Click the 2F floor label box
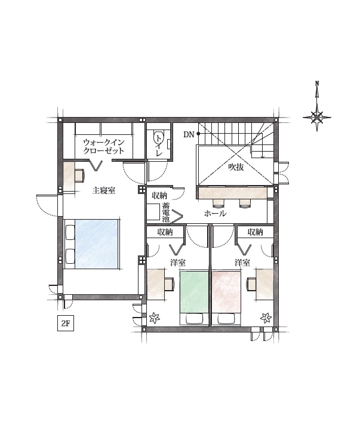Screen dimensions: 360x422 coord(66,323)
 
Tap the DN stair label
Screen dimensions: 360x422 coord(189,134)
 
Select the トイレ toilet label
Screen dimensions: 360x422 coord(159,146)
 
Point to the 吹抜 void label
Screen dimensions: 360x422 coord(236,167)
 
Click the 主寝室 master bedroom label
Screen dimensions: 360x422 coord(104,190)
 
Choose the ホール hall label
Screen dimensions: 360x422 coord(215,214)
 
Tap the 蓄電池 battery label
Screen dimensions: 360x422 coord(166,212)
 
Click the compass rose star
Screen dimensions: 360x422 coord(317,118)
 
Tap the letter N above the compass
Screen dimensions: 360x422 coord(317,83)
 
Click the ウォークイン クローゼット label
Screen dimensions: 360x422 coord(104,146)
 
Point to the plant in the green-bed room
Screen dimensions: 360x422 coord(155,318)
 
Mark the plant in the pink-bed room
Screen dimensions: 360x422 coord(266,318)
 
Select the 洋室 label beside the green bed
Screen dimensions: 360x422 coord(178,263)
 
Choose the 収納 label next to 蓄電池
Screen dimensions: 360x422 coord(159,196)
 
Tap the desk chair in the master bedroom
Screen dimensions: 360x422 coord(79,175)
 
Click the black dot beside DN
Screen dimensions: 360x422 coord(198,134)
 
